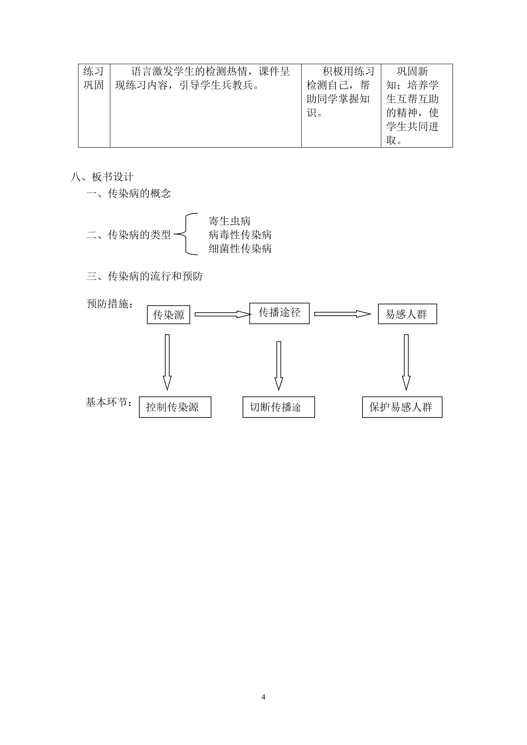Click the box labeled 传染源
tap(168, 314)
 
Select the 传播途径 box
tap(279, 313)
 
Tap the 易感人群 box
tap(407, 314)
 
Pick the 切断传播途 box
tap(279, 407)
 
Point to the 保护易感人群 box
tap(402, 407)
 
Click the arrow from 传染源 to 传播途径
tap(223, 314)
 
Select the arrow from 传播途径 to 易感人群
tap(342, 314)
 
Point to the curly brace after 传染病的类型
tap(186, 234)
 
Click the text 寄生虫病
tap(230, 221)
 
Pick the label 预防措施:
tap(110, 304)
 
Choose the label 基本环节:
tap(109, 402)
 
